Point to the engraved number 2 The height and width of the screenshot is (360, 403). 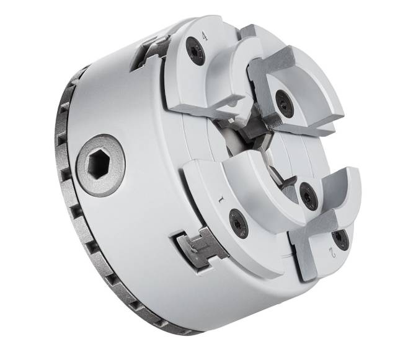pos(332,253)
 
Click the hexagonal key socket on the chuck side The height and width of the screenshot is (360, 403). pos(100,165)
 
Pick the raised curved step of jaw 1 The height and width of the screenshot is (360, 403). pos(248,186)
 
